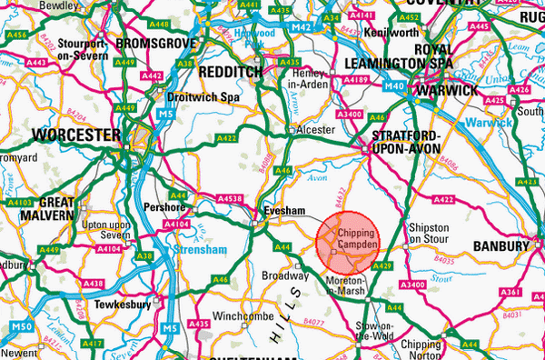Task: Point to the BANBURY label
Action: click(500, 245)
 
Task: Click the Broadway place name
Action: click(281, 274)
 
